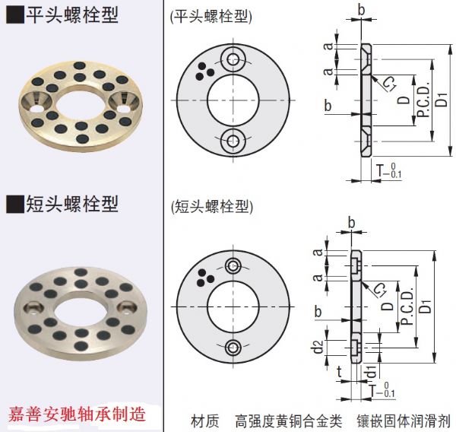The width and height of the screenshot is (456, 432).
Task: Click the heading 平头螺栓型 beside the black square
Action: pos(71,14)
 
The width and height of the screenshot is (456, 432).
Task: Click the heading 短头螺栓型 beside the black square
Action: pos(71,204)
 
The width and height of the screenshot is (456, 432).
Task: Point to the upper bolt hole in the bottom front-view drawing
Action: pos(233,265)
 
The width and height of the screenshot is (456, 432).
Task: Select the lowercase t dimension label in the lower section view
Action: pos(338,372)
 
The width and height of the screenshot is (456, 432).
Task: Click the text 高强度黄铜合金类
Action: pos(289,419)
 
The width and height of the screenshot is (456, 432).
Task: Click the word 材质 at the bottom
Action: pos(205,419)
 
